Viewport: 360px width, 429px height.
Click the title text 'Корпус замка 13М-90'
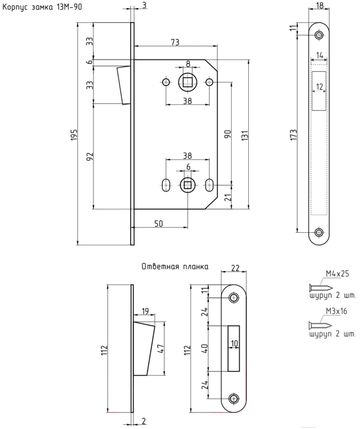tap(42, 7)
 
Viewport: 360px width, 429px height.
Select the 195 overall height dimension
tap(74, 135)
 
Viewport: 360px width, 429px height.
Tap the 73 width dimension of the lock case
tap(175, 42)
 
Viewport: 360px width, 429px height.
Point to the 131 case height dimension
tap(245, 135)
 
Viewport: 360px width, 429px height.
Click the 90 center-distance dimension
tap(228, 134)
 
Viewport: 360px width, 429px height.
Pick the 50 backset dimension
tap(159, 224)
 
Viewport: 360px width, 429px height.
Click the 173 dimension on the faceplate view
tap(293, 135)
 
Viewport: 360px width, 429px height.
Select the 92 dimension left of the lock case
tap(90, 156)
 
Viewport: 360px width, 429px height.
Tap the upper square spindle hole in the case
tap(188, 82)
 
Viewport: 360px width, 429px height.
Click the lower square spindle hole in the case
tap(188, 185)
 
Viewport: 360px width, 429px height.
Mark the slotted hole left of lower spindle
tap(165, 185)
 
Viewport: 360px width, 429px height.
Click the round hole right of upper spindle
tap(209, 82)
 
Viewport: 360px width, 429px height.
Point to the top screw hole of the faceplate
tap(319, 35)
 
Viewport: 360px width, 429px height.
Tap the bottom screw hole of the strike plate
tap(233, 399)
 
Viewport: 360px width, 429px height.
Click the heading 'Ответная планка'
tap(175, 266)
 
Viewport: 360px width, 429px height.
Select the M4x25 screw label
tap(337, 274)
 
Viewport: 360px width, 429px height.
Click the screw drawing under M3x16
tap(320, 326)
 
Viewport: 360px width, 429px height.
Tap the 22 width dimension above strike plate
tap(235, 268)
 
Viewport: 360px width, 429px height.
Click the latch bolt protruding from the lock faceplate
tap(124, 85)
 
